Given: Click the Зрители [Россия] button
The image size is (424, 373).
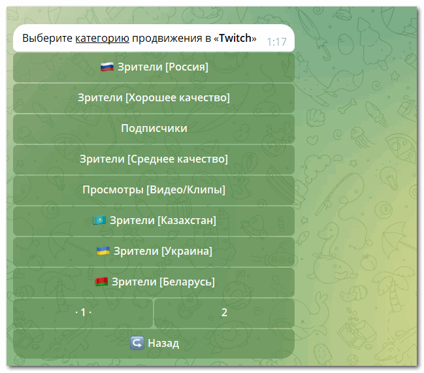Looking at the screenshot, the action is coord(154,67).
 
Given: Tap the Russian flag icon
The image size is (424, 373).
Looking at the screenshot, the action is coord(106,67).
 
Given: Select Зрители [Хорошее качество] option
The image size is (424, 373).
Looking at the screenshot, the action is coord(154,98).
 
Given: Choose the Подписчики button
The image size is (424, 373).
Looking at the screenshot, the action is coord(154,129).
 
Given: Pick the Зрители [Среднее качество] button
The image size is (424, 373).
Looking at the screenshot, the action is coord(154,159).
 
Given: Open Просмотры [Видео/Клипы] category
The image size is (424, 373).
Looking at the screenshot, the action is coord(154,189).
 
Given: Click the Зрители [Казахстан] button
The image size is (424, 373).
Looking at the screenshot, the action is coord(154,221).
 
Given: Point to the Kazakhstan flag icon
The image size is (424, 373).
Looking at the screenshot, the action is coord(99,221).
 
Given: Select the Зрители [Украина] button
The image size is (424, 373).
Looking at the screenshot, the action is coord(154,251).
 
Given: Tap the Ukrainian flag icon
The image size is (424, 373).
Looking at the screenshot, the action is coord(103,251).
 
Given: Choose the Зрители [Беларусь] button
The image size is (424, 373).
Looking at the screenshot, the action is coord(154,282).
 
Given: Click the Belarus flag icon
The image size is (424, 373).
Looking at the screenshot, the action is coord(101,282).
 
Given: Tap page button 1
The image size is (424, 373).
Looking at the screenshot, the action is coord(83,313).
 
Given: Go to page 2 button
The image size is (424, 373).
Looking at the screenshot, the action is coord(224,313).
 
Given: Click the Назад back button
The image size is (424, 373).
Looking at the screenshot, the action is coord(154,344).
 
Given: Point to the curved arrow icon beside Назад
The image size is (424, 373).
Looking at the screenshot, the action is coord(137,343).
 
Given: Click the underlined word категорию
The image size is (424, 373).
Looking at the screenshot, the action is coord(102,39).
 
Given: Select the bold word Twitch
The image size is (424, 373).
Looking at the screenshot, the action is coord(235,38).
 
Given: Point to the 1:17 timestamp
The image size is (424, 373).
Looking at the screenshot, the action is coord(276,42).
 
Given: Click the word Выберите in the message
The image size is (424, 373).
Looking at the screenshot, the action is coord(47,38).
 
